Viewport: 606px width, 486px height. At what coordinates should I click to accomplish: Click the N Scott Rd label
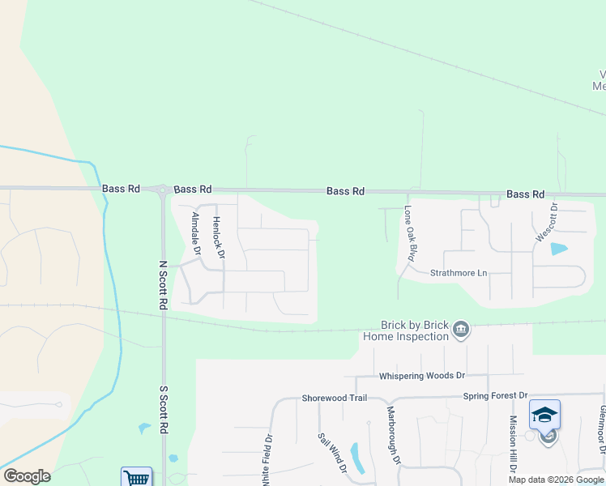pyautogui.click(x=163, y=284)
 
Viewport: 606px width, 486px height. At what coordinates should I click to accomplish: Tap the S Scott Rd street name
pyautogui.click(x=163, y=409)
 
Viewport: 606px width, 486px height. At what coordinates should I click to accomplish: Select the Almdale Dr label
pyautogui.click(x=195, y=233)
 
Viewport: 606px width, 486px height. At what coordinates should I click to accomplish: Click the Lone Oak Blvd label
pyautogui.click(x=410, y=233)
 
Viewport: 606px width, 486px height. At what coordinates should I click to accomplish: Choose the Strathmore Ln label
pyautogui.click(x=459, y=273)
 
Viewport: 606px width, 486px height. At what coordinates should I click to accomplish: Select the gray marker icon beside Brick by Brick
pyautogui.click(x=461, y=329)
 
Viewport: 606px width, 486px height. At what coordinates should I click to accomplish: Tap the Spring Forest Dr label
pyautogui.click(x=495, y=396)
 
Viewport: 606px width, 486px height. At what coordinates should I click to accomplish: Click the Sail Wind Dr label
pyautogui.click(x=333, y=452)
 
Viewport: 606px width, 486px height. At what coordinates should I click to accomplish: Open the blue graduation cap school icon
pyautogui.click(x=545, y=416)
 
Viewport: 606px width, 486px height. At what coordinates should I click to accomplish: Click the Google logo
pyautogui.click(x=27, y=476)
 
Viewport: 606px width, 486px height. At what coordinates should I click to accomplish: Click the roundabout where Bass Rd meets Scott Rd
pyautogui.click(x=164, y=190)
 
